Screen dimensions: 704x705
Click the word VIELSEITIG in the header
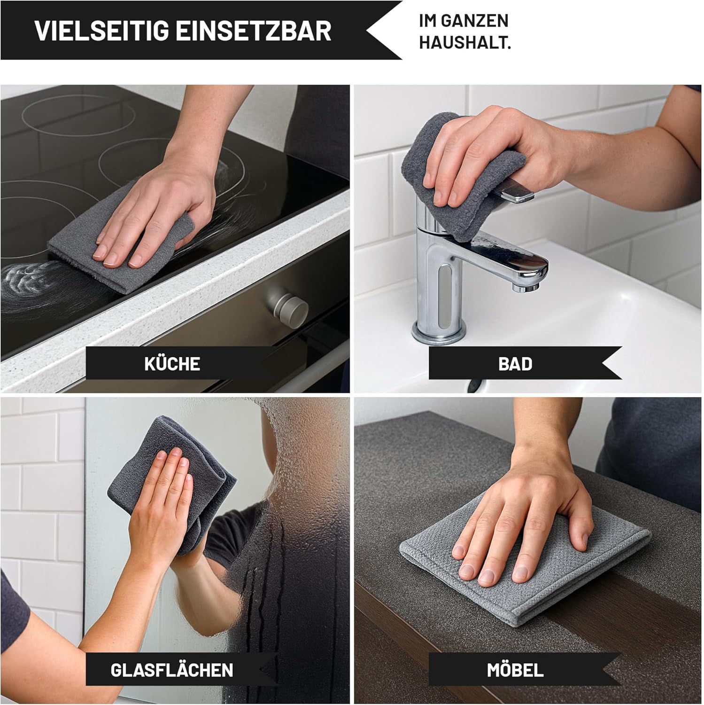pos(101,30)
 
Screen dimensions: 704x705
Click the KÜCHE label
pos(172,364)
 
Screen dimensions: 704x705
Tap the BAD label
pos(515,364)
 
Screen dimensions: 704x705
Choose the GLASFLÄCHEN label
pos(172,670)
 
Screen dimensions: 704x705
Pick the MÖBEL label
pos(515,670)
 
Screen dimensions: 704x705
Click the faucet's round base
pos(439,331)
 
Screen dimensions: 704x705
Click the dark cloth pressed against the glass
pos(174,484)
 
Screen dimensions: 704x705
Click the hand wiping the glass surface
pos(162,508)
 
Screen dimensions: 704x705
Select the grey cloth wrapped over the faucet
pos(463,176)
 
